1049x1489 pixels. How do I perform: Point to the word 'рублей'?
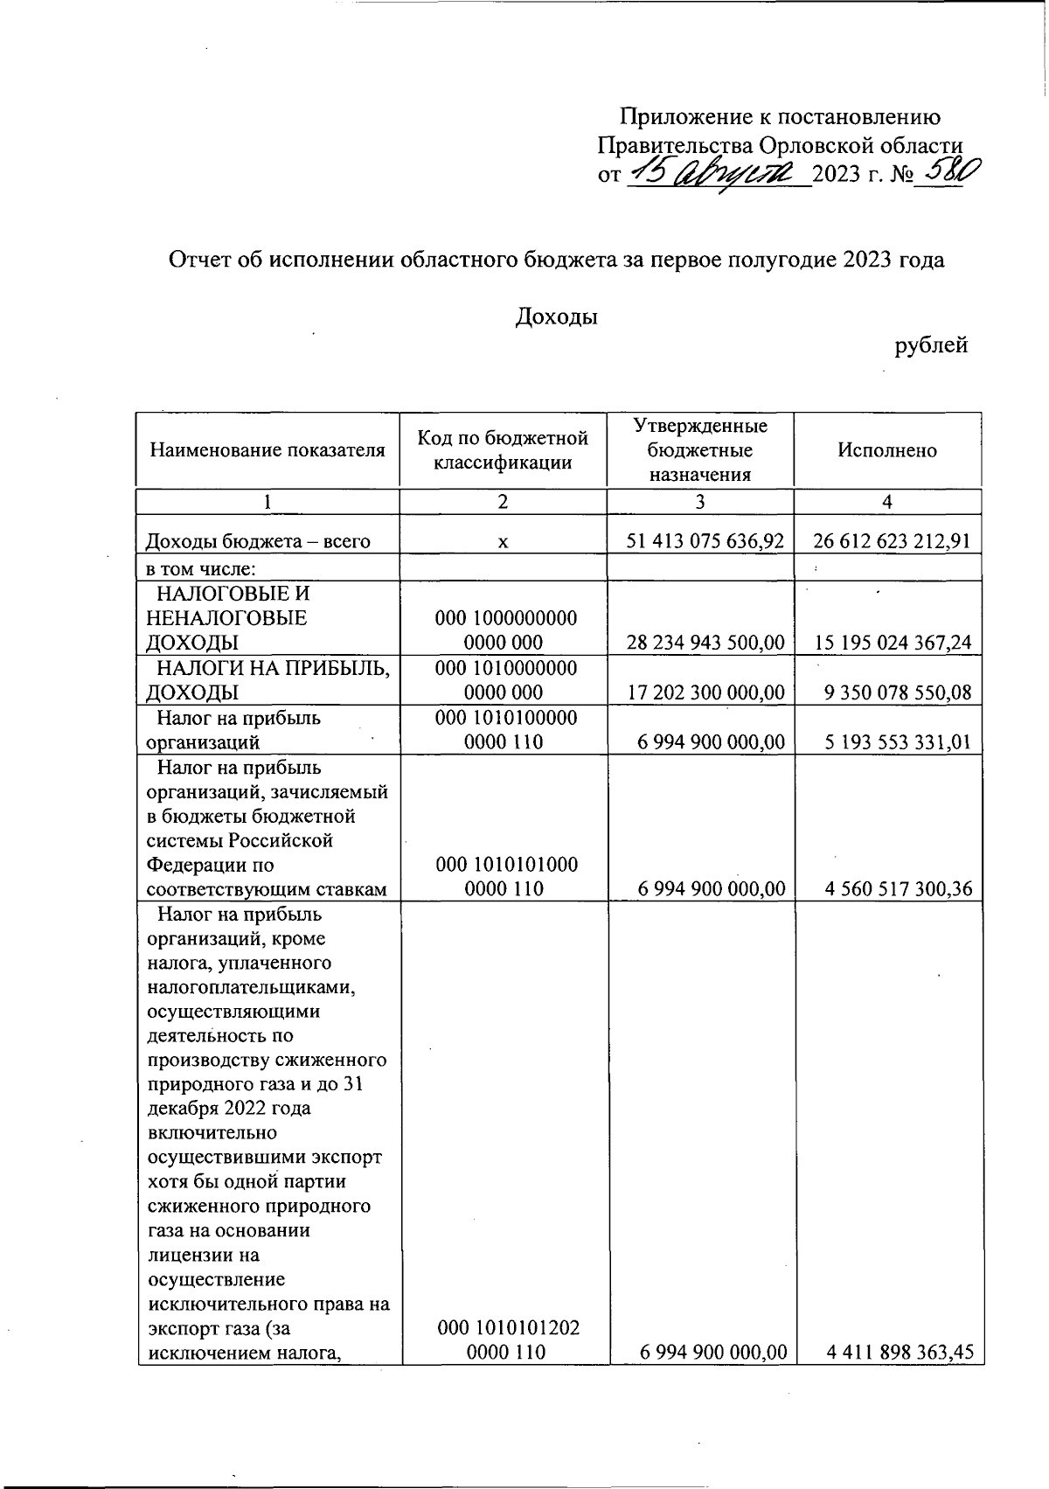pos(931,345)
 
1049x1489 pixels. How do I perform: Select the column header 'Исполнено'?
pos(886,450)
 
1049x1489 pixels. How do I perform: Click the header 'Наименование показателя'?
pos(267,450)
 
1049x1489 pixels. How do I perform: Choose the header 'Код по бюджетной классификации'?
pos(503,450)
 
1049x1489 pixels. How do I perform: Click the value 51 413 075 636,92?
pos(705,541)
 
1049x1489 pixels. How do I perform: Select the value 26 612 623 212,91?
pos(892,541)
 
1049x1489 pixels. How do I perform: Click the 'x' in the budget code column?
pos(503,542)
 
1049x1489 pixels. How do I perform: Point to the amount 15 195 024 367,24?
pos(892,643)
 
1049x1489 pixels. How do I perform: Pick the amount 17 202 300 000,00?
pos(705,692)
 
